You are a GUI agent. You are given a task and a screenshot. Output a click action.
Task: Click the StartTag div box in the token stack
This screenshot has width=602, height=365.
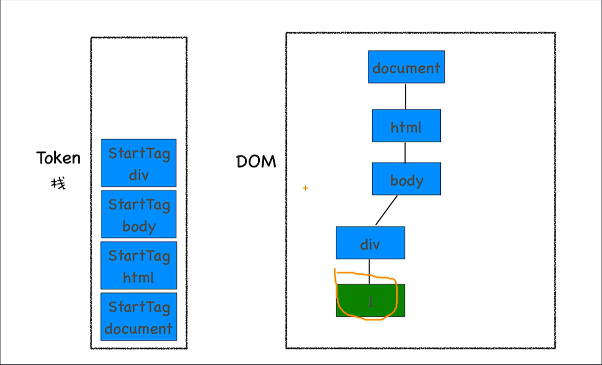tap(139, 163)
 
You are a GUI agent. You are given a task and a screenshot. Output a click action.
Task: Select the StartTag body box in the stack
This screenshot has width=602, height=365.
tap(139, 214)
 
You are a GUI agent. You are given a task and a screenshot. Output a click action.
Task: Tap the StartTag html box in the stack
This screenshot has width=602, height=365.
tap(139, 265)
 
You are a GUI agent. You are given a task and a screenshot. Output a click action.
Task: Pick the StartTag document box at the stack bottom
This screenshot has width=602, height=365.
tap(139, 316)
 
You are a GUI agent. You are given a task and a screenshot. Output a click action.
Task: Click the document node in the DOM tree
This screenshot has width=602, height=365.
tap(406, 67)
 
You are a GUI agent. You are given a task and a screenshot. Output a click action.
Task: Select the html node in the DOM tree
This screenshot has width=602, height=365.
tap(406, 126)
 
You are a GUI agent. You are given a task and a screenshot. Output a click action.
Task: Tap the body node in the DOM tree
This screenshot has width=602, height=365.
tap(406, 179)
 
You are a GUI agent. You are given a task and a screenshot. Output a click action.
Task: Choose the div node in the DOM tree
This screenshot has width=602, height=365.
tap(370, 243)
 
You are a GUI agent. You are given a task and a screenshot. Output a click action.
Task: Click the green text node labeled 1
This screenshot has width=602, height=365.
tap(370, 300)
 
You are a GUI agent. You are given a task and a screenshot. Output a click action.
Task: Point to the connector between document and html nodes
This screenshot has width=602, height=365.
tap(405, 96)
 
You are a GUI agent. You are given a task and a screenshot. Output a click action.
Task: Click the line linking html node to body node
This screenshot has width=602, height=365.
tap(405, 152)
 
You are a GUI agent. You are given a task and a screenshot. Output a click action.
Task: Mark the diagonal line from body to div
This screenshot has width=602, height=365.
tap(386, 210)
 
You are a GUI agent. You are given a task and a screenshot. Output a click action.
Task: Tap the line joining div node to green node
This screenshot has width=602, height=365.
tap(369, 271)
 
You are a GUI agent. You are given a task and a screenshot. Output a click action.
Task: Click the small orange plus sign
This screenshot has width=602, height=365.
tap(305, 188)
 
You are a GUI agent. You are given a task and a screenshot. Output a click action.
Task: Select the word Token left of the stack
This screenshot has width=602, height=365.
tap(58, 158)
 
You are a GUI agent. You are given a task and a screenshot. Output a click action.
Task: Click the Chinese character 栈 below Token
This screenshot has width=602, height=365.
tap(58, 183)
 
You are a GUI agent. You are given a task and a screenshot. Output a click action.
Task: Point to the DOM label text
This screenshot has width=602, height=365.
tap(256, 162)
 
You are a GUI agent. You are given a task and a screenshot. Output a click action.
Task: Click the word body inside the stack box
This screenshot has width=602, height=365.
tap(139, 226)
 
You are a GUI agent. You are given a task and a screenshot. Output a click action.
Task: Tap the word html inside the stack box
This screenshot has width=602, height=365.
tap(138, 277)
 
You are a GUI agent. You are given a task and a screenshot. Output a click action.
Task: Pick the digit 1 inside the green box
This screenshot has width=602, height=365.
tap(370, 302)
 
